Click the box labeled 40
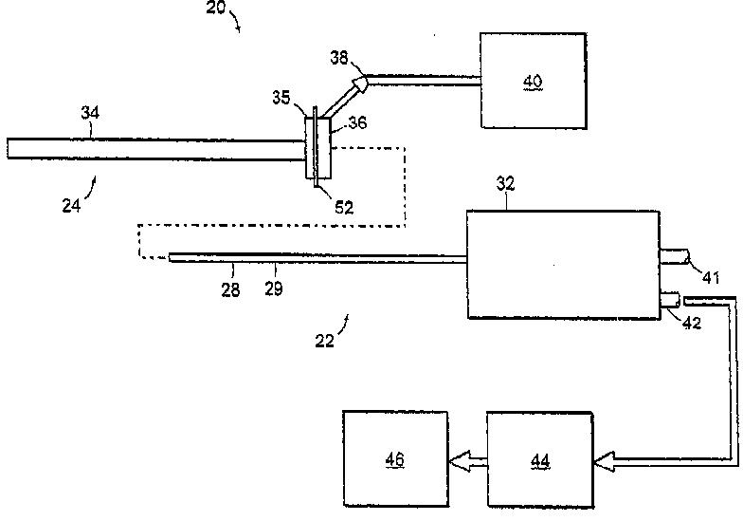(x=534, y=81)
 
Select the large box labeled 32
(x=563, y=265)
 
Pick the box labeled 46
(x=395, y=459)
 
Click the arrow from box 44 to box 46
(x=466, y=461)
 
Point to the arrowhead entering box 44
(x=603, y=462)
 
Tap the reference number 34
(x=90, y=114)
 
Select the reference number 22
(x=323, y=340)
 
